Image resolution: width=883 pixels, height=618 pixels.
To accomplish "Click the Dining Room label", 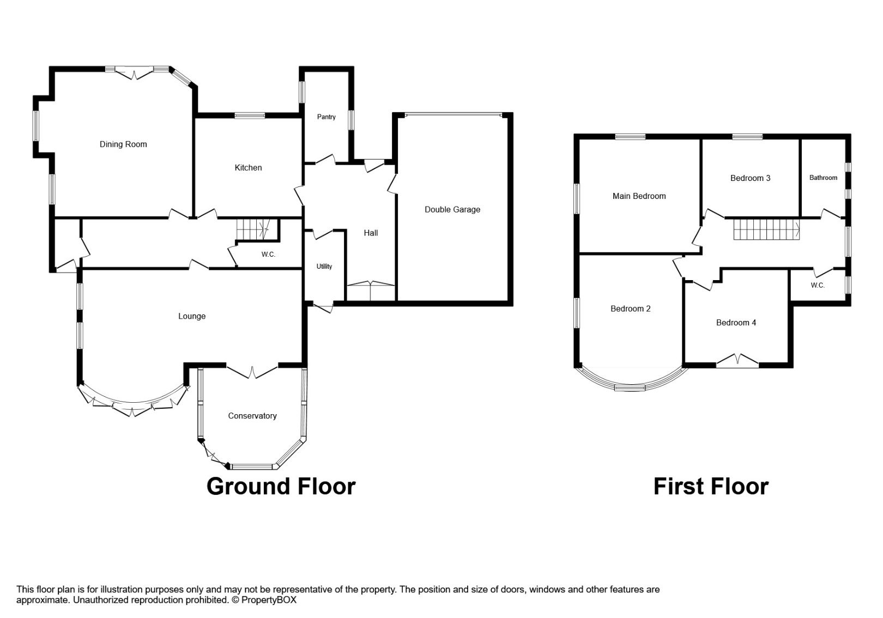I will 123,144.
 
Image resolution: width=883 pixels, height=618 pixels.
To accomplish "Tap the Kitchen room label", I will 248,168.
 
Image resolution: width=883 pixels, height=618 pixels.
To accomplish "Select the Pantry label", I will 326,117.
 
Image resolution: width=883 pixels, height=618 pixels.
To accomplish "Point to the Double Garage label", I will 452,210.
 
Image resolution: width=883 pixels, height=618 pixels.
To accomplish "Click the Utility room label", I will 324,266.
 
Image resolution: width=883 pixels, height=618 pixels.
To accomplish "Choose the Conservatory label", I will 252,416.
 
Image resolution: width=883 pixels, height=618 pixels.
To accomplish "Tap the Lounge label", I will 192,317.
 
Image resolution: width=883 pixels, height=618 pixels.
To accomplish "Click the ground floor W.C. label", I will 268,255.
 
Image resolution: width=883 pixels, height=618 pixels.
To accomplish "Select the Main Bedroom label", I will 639,196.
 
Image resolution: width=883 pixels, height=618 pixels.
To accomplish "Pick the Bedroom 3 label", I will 750,178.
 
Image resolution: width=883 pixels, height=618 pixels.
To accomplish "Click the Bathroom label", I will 823,178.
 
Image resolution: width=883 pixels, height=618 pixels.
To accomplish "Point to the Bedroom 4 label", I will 736,323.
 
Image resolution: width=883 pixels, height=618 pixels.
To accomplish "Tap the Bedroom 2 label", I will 630,309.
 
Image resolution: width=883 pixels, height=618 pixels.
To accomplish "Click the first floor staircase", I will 765,229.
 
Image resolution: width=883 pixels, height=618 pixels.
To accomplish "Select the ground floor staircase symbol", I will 255,229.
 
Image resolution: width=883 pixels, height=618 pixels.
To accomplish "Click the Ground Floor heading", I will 281,486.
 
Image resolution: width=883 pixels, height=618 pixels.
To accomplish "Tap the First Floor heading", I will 711,486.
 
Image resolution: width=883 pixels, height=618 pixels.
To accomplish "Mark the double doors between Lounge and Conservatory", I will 252,372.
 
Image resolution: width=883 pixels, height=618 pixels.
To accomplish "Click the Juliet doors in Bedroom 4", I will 737,361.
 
